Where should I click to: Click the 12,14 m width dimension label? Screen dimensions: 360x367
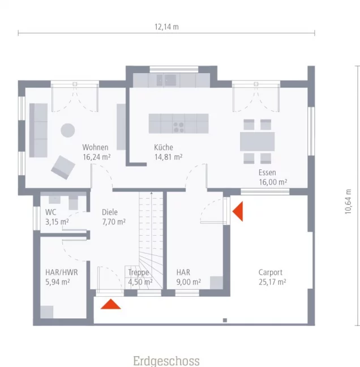(x=166, y=27)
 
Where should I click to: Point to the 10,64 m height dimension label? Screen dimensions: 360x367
(x=348, y=202)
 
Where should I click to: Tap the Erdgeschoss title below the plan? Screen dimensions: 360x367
(x=166, y=361)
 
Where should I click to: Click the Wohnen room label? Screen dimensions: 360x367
(x=95, y=147)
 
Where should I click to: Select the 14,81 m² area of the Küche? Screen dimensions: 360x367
(x=168, y=157)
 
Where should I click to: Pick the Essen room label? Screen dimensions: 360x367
(x=267, y=173)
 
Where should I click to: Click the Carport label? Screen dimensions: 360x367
(x=271, y=272)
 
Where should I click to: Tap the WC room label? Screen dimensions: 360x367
(x=50, y=212)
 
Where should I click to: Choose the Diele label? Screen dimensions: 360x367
(x=110, y=212)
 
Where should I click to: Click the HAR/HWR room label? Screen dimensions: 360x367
(x=62, y=272)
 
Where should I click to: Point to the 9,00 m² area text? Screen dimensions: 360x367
(x=188, y=282)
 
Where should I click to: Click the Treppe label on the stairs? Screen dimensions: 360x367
(x=139, y=272)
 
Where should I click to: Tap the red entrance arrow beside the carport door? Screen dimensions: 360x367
(x=238, y=211)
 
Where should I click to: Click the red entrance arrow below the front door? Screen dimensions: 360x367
(x=110, y=304)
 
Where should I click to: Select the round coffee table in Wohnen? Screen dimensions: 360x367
(x=68, y=130)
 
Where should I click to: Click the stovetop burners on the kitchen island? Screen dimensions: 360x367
(x=178, y=127)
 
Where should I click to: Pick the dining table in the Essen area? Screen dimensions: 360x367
(x=258, y=142)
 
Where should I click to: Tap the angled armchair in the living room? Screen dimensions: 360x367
(x=63, y=168)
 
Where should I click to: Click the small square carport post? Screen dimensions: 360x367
(x=225, y=320)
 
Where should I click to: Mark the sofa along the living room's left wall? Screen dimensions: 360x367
(x=38, y=130)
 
